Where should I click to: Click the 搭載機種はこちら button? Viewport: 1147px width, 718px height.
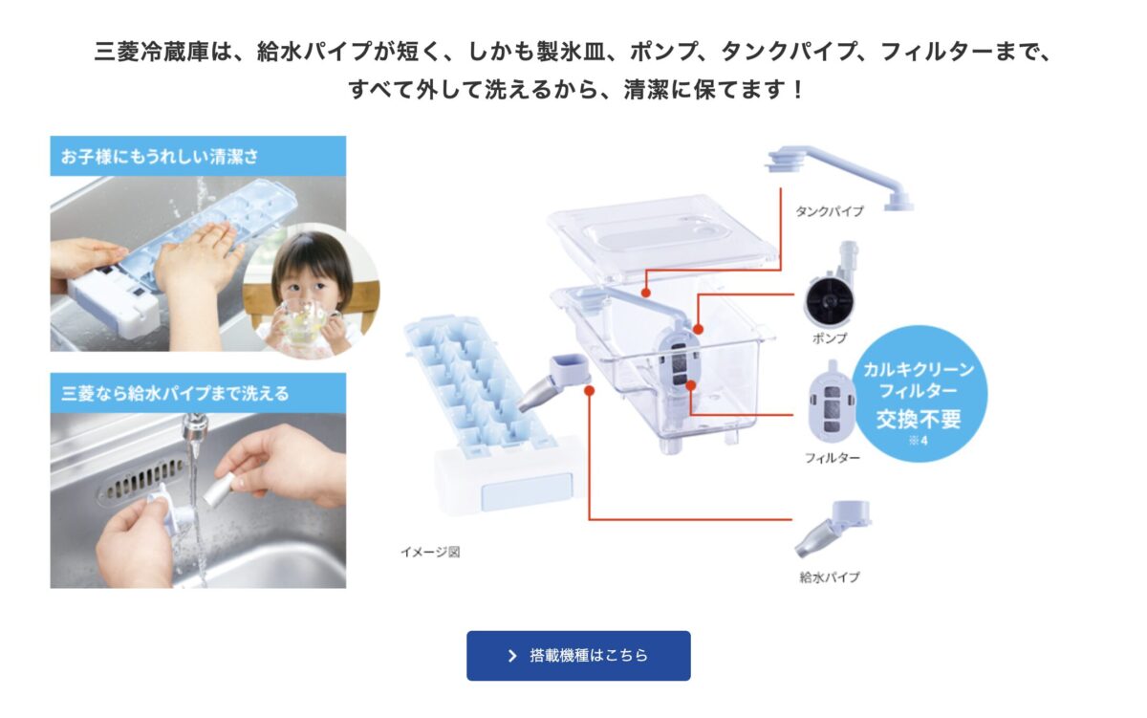click(x=578, y=656)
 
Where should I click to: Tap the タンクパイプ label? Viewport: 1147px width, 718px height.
click(x=829, y=211)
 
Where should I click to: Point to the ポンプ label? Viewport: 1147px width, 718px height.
click(x=830, y=338)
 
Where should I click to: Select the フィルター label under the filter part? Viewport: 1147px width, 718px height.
click(x=833, y=458)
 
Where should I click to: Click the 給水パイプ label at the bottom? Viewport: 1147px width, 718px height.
click(x=830, y=577)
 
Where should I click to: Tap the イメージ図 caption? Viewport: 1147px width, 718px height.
click(x=430, y=552)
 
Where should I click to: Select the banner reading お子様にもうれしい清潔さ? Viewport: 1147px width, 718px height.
click(x=198, y=156)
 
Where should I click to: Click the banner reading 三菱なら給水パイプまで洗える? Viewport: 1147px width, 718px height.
click(x=198, y=393)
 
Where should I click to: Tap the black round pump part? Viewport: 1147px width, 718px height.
click(x=829, y=299)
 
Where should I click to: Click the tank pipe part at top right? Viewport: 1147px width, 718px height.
click(x=840, y=177)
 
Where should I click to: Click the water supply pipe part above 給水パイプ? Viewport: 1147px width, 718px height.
click(x=833, y=529)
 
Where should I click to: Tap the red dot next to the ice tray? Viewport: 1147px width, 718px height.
click(x=589, y=391)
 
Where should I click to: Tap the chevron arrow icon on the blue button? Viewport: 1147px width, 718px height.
click(x=512, y=656)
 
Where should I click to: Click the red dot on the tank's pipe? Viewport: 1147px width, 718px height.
click(x=646, y=293)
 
